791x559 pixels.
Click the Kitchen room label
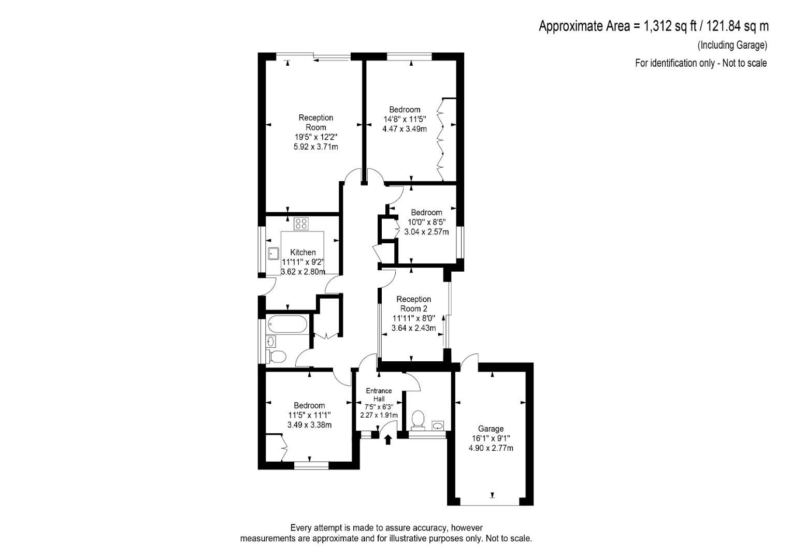click(x=303, y=252)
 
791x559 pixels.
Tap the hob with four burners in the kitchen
click(x=301, y=224)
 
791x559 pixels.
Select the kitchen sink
click(x=274, y=254)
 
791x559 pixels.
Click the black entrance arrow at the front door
click(x=388, y=439)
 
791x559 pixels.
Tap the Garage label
click(x=491, y=429)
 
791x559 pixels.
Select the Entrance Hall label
click(x=379, y=394)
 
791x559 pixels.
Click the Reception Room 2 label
click(x=413, y=304)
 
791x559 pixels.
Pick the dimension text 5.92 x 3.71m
click(x=315, y=146)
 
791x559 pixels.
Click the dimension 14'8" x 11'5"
click(x=405, y=119)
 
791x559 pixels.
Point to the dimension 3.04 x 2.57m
click(x=426, y=231)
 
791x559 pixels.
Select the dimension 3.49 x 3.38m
click(x=309, y=424)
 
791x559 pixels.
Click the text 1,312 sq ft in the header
click(x=665, y=26)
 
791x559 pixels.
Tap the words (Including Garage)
click(x=732, y=45)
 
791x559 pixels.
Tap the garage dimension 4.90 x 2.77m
click(x=491, y=448)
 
